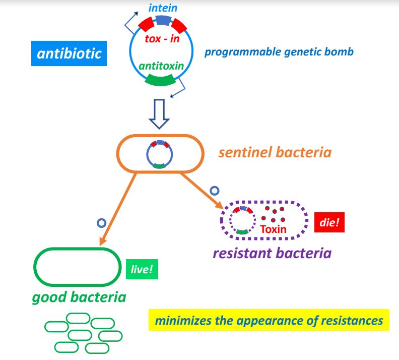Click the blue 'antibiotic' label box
click(70, 53)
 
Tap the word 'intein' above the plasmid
click(162, 7)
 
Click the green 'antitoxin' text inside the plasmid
click(161, 66)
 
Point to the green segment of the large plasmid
click(160, 79)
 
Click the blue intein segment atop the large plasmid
click(163, 20)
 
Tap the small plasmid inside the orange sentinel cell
click(160, 154)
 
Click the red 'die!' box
click(329, 222)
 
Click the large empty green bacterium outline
click(76, 267)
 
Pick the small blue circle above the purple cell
click(215, 191)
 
